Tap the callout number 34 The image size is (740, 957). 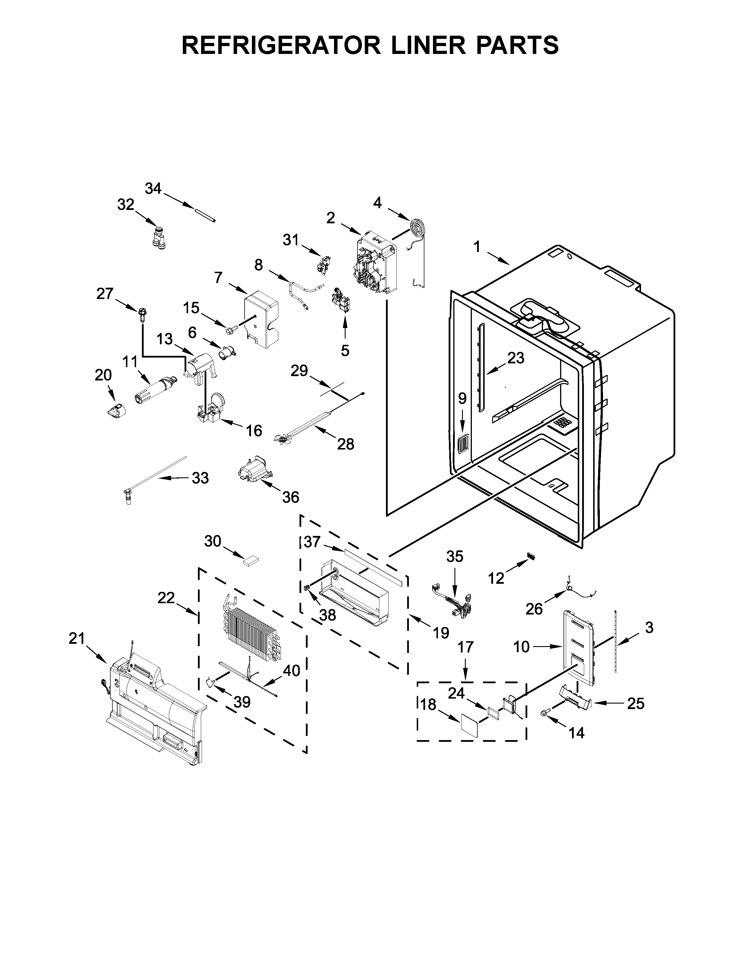click(x=154, y=189)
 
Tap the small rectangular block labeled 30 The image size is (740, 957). click(x=251, y=560)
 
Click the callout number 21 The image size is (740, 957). click(x=76, y=639)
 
